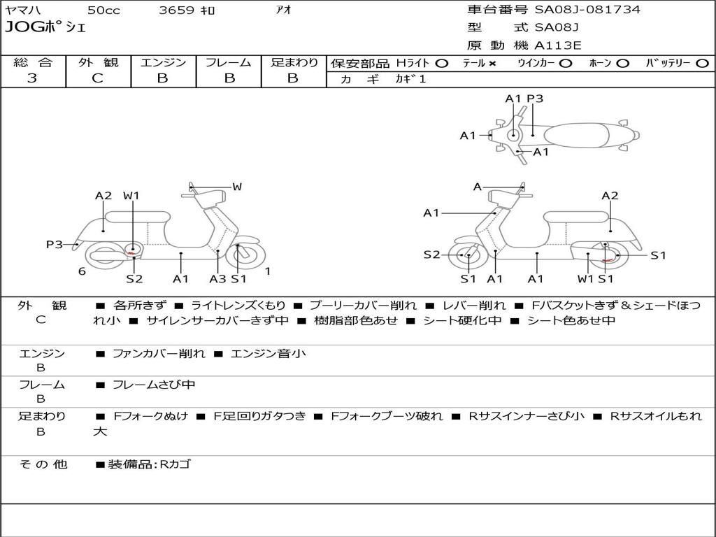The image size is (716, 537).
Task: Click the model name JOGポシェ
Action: [45, 28]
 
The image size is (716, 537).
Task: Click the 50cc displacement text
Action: [103, 10]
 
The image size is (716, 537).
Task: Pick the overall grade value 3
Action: [32, 78]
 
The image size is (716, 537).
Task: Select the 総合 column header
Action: [33, 63]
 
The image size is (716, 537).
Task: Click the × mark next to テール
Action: [492, 64]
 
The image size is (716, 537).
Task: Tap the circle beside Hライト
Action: [441, 64]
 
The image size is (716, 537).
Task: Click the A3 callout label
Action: [218, 279]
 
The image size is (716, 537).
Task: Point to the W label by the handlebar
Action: [237, 187]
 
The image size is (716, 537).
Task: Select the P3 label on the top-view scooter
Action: [535, 99]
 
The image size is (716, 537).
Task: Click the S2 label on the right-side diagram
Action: [431, 255]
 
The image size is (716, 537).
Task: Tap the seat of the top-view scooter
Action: [580, 134]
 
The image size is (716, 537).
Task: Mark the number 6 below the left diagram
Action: [82, 271]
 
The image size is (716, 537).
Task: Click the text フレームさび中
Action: [154, 385]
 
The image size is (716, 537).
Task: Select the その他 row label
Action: [43, 464]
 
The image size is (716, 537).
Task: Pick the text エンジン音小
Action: [268, 354]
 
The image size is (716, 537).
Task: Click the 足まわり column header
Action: [294, 63]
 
